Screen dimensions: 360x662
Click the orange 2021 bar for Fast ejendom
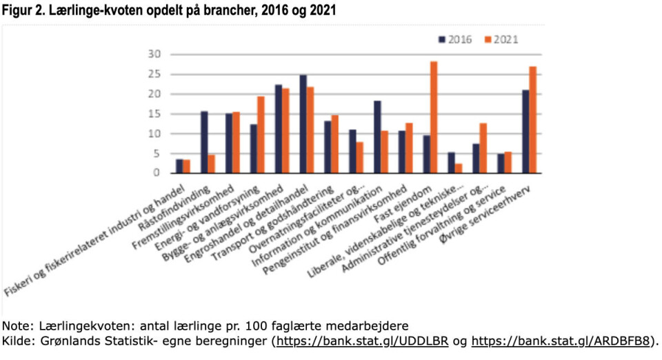coord(434,117)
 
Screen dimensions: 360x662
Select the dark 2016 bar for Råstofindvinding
coord(204,142)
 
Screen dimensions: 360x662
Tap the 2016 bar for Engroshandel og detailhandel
coord(303,124)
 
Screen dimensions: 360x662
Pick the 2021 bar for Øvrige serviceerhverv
coord(532,120)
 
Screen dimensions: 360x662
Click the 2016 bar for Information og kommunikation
coord(377,137)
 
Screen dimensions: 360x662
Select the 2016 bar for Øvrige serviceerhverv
coord(525,132)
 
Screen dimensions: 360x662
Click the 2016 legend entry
coord(456,39)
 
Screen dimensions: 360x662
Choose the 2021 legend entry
coord(501,39)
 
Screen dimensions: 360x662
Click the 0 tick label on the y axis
coord(157,173)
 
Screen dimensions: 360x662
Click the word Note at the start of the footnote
coord(15,326)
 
